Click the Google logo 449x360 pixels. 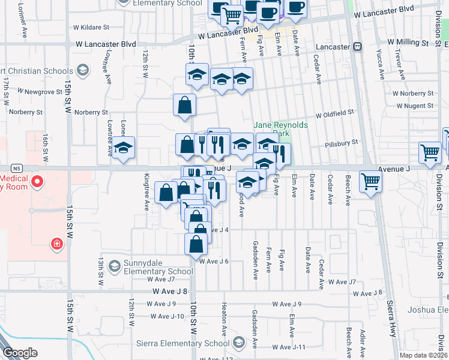[x=20, y=353]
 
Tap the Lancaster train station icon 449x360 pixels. [x=357, y=46]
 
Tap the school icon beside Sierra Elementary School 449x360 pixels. [x=239, y=343]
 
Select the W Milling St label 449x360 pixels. [x=409, y=42]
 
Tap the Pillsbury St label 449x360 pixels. [x=342, y=143]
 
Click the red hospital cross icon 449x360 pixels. [x=56, y=244]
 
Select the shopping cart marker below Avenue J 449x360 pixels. [x=370, y=181]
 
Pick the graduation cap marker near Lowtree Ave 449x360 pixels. [x=124, y=149]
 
